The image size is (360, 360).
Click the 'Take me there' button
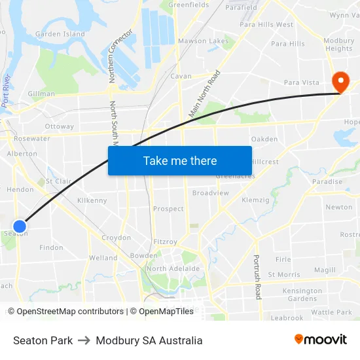180,160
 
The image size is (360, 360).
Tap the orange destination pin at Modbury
340,81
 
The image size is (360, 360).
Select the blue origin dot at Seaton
20,226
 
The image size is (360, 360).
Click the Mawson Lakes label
204,41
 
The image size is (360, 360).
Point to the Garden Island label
60,34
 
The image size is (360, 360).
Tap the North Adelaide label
173,268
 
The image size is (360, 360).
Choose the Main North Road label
205,94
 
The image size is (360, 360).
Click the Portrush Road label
257,277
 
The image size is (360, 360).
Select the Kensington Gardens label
302,295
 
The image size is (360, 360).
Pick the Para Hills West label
266,25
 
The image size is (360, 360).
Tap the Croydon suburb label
116,238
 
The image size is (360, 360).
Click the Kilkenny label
92,200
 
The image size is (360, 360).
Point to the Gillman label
41,94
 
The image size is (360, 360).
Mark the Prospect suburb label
168,209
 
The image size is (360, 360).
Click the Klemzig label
255,200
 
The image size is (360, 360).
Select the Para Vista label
301,82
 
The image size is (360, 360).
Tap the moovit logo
321,339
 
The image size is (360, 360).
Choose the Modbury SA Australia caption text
149,340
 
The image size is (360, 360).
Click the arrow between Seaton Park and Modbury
84,340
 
